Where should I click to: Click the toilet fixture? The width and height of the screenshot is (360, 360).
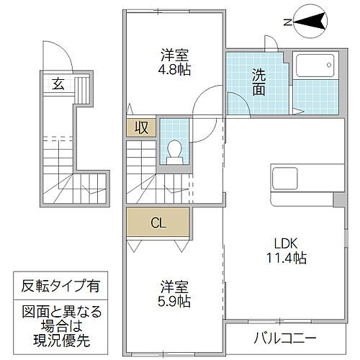[174, 148]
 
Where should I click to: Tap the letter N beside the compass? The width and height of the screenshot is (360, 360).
[287, 23]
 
